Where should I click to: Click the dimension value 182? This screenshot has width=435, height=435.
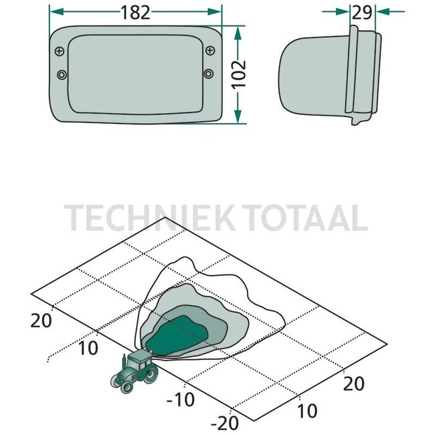[x=135, y=13]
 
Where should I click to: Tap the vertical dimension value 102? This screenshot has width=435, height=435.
[x=239, y=74]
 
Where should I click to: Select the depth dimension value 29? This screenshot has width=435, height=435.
[x=362, y=13]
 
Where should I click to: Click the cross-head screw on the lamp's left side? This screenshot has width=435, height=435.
[x=60, y=51]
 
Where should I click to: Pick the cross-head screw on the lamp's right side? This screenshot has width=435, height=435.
[x=210, y=50]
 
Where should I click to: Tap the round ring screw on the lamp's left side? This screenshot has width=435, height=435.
[x=62, y=75]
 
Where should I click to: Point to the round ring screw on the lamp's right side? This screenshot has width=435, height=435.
[x=209, y=74]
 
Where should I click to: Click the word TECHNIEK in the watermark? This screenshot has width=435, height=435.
[x=151, y=217]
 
